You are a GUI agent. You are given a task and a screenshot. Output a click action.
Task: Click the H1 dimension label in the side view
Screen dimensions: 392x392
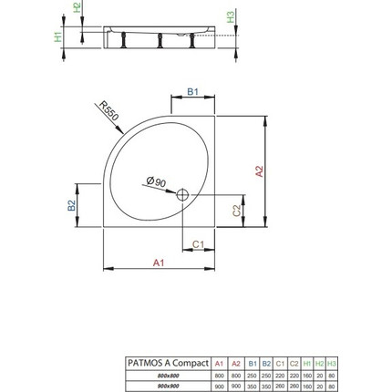pyautogui.click(x=57, y=37)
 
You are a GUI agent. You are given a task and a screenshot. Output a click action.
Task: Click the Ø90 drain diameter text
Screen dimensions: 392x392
pyautogui.click(x=154, y=183)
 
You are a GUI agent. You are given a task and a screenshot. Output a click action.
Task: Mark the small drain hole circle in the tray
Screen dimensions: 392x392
pyautogui.click(x=182, y=193)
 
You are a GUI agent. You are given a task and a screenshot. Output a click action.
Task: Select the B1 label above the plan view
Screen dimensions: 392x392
pyautogui.click(x=191, y=92)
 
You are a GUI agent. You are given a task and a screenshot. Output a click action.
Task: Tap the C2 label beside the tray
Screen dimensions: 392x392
pyautogui.click(x=237, y=210)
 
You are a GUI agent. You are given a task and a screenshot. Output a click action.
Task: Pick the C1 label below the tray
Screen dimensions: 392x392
pyautogui.click(x=198, y=244)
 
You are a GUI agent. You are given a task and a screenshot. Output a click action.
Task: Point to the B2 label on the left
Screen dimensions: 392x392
pyautogui.click(x=71, y=204)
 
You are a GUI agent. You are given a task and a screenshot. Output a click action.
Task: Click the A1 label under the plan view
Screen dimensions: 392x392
pyautogui.click(x=158, y=263)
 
